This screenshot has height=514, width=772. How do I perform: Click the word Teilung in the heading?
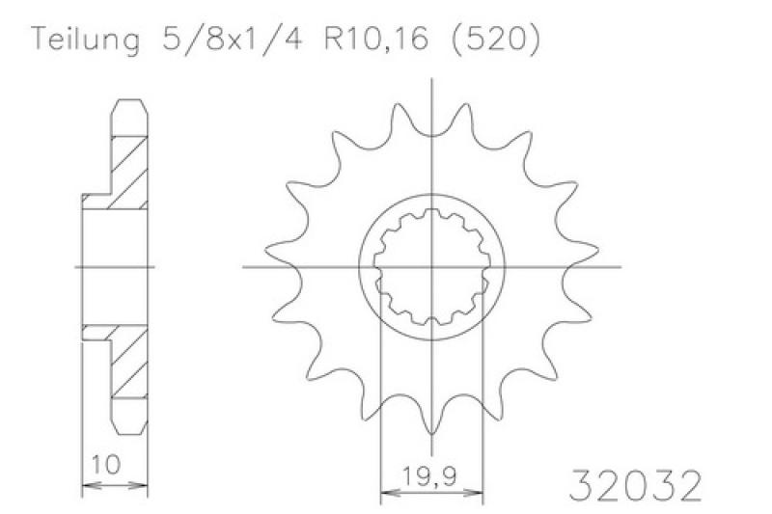point(85,40)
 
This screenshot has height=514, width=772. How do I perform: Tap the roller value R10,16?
point(376,39)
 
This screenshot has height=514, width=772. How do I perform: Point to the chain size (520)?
point(495,40)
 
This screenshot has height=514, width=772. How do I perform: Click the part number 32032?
point(635,485)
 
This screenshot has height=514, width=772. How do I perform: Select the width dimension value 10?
point(106,464)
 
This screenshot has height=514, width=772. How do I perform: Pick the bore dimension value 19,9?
point(429,476)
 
